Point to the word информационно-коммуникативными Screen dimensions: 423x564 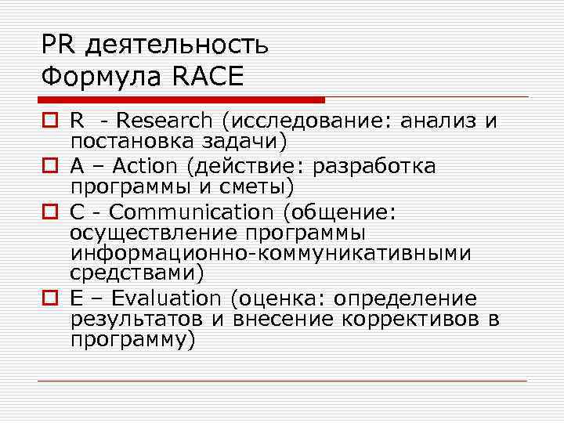click(x=270, y=254)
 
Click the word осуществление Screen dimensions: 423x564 click(x=153, y=233)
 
